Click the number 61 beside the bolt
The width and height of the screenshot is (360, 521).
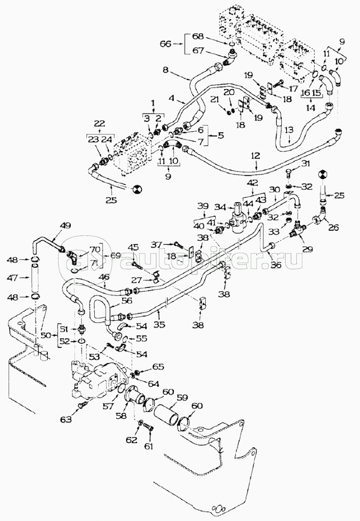click(149, 446)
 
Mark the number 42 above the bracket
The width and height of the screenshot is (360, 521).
click(253, 182)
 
